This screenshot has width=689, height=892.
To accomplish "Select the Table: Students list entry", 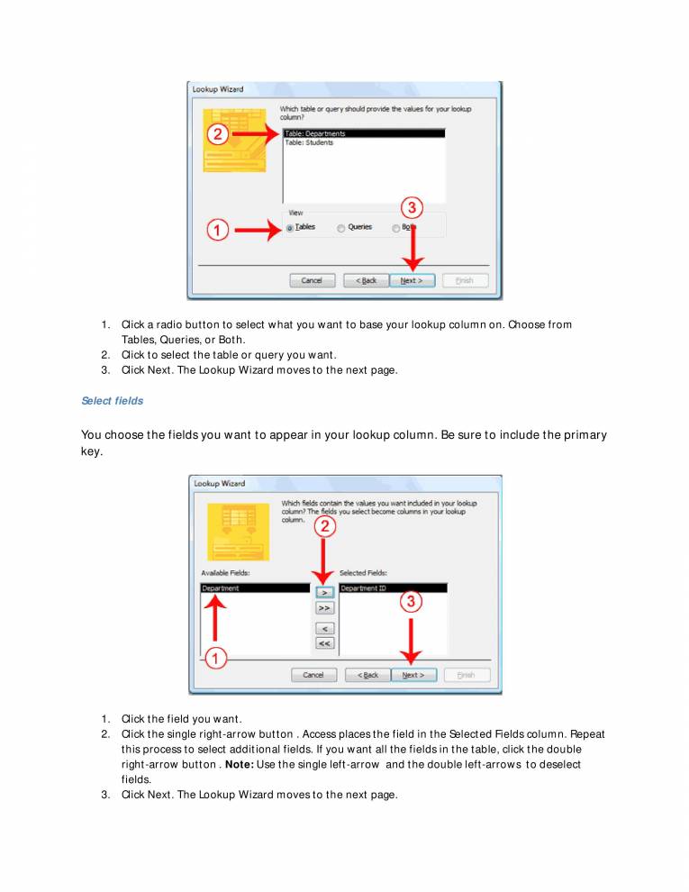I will coord(309,142).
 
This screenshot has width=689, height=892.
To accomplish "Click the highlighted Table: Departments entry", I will coord(314,133).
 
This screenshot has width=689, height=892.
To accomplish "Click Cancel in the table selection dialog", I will coord(312,280).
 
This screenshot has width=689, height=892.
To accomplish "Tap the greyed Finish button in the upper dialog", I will coord(465,280).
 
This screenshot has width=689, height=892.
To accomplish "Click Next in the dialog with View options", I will coord(412,280).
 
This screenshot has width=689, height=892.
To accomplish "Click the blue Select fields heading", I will coord(112,400).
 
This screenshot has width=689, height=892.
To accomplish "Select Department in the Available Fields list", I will coord(221,588).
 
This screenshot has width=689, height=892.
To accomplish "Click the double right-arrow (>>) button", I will coord(324,608).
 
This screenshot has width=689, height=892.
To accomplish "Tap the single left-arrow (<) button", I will coord(324,628).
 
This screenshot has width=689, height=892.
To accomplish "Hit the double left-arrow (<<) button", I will coord(324,643).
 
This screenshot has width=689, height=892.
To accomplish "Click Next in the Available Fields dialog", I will coord(413,675).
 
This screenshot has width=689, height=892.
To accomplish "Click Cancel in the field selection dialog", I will coord(313,675).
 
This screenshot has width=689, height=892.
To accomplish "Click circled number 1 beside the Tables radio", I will coord(216,230).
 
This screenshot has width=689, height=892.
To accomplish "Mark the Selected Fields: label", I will coord(363,572).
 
